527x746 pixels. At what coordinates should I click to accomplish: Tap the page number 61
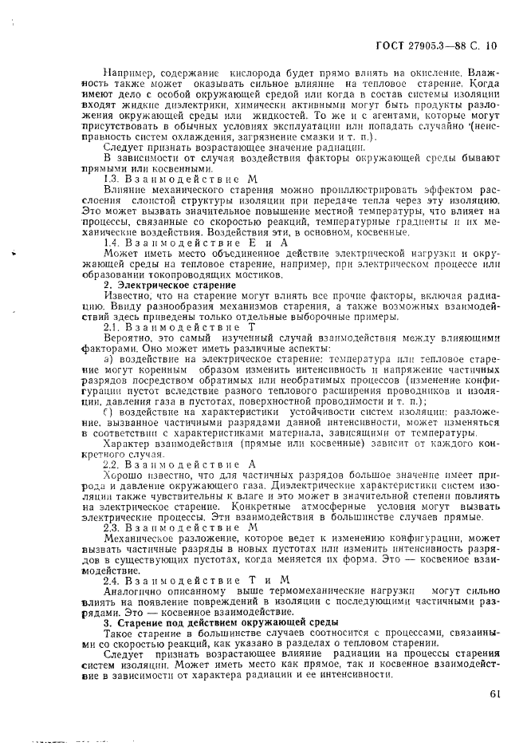point(494,693)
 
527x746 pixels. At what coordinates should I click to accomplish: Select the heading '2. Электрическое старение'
point(170,285)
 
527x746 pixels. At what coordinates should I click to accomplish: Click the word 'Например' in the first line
point(130,73)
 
